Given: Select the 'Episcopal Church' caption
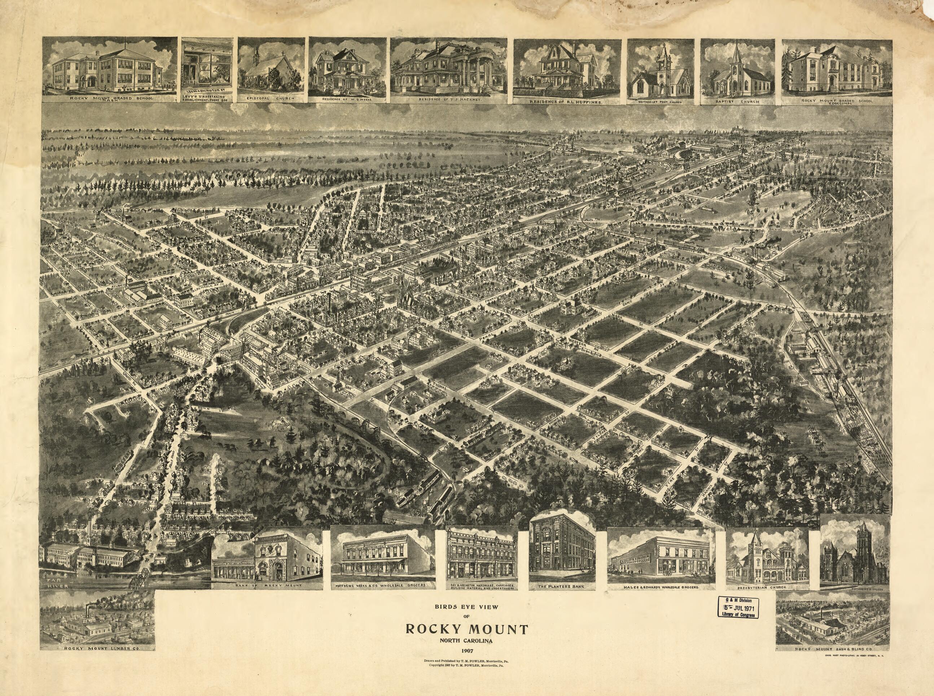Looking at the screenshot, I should (271, 100).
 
